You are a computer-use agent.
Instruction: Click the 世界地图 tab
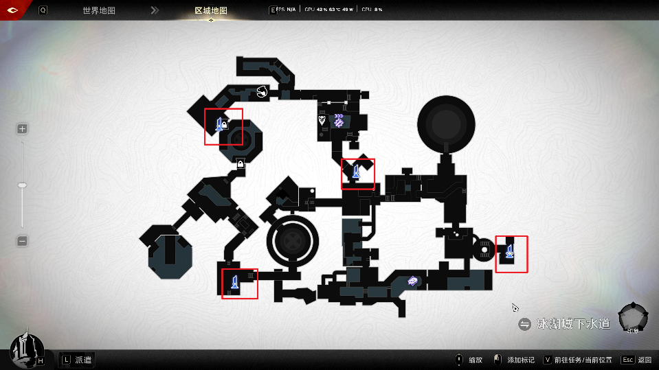click(x=99, y=10)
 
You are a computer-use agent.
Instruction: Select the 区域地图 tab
click(x=211, y=10)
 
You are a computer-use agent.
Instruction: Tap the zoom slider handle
click(x=22, y=185)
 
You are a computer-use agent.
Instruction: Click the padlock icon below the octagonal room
click(x=240, y=163)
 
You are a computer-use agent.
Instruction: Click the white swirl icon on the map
click(x=261, y=91)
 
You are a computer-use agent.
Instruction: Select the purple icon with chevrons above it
click(x=339, y=120)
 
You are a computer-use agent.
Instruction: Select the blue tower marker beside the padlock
click(x=220, y=124)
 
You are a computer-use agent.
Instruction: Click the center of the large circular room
click(x=445, y=124)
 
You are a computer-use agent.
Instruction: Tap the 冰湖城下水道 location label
click(x=573, y=324)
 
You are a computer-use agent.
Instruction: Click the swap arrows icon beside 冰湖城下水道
click(x=525, y=324)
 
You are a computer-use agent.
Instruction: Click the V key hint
click(x=548, y=360)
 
